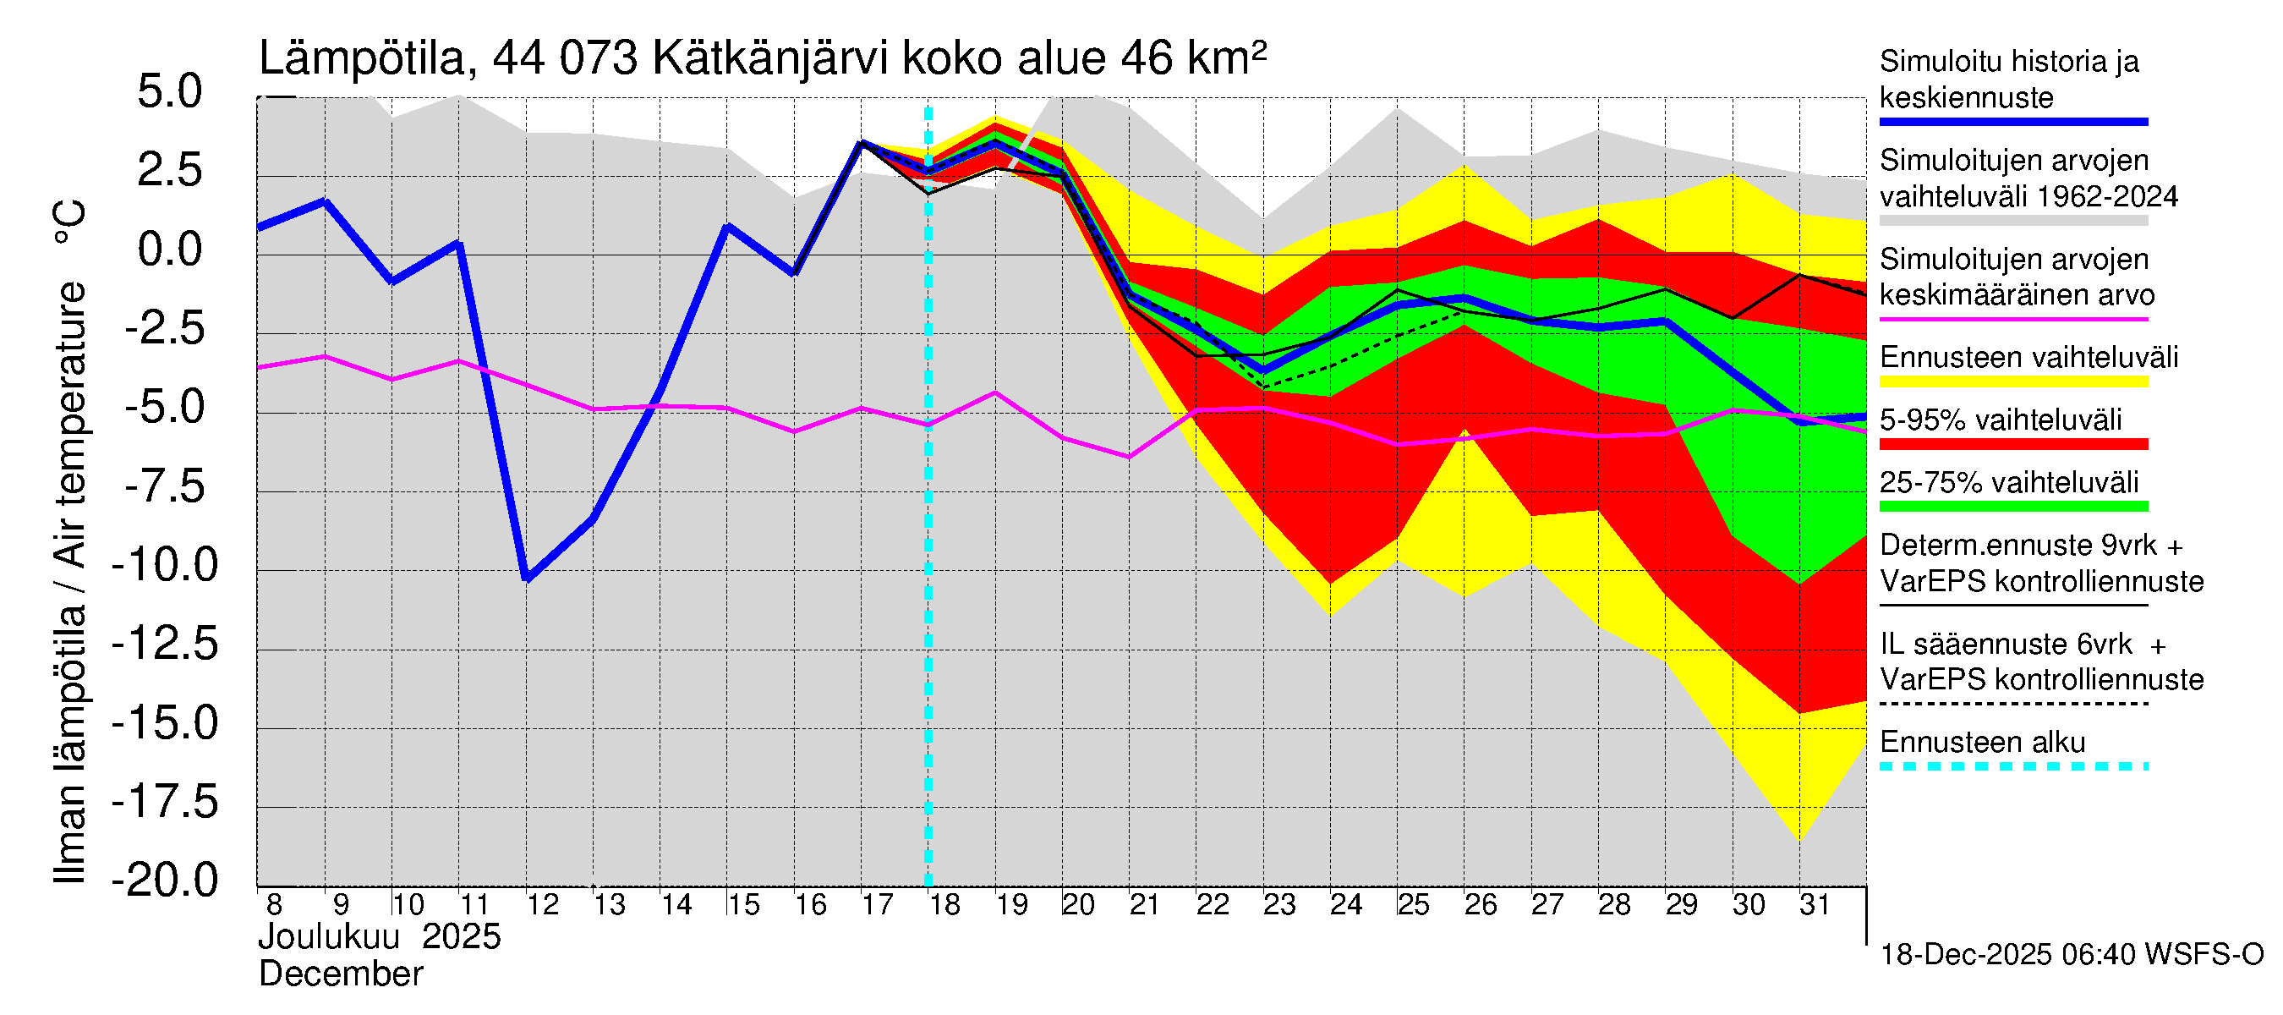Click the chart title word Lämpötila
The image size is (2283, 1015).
(x=362, y=58)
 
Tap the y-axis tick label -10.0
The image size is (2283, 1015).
(x=165, y=566)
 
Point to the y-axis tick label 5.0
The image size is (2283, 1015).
(x=169, y=92)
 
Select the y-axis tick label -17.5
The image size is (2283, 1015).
(x=165, y=802)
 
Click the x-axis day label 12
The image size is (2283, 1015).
(x=542, y=905)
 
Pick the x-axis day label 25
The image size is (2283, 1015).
(x=1413, y=905)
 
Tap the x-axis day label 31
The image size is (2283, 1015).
(x=1815, y=905)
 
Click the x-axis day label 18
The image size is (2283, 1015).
(x=944, y=905)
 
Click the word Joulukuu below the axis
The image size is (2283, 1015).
(x=328, y=937)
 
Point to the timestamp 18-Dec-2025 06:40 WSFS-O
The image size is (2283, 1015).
(x=2071, y=955)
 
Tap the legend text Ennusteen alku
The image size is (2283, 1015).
(x=1982, y=742)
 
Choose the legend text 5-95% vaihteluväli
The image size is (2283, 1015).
(x=2001, y=420)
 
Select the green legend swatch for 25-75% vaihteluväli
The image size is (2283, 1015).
(x=2012, y=507)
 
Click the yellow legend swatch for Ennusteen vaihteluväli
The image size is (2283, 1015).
(x=2012, y=382)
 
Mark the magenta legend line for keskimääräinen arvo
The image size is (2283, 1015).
(x=2012, y=319)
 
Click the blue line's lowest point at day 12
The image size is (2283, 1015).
(x=528, y=579)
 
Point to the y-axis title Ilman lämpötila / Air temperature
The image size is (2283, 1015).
(x=70, y=540)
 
